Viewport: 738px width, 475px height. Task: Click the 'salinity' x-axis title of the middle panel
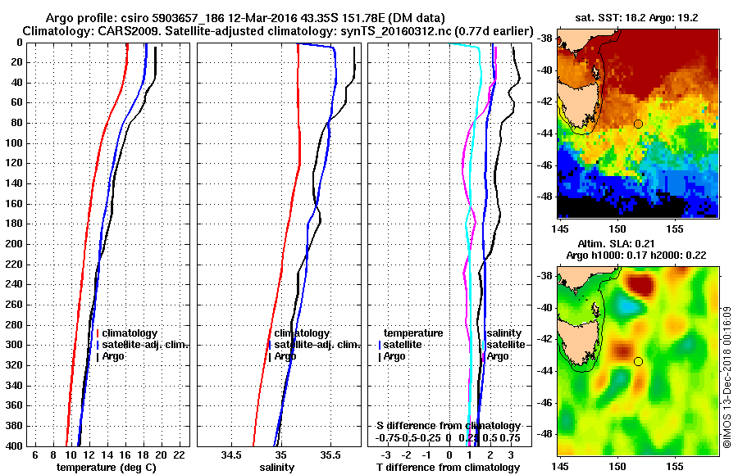tap(277, 468)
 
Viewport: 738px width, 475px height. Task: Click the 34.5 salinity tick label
tap(231, 455)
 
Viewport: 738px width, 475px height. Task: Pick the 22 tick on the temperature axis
tap(181, 455)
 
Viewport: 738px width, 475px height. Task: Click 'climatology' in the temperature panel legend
tap(131, 333)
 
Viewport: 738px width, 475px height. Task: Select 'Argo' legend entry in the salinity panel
tap(286, 356)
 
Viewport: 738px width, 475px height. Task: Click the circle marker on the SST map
tap(638, 124)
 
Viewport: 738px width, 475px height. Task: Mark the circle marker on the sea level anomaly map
tap(638, 361)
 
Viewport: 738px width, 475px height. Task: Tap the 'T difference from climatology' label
tap(447, 468)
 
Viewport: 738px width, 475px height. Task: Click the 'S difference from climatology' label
tap(449, 426)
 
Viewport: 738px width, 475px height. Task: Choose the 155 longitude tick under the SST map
tap(674, 227)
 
